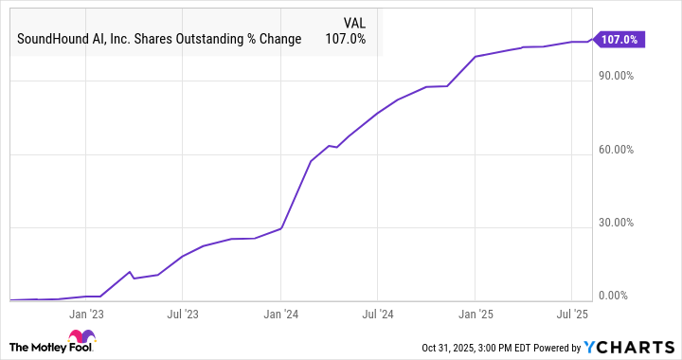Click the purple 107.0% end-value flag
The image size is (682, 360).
(x=621, y=40)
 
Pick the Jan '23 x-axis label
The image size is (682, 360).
(x=86, y=312)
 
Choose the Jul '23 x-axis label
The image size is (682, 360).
(x=182, y=312)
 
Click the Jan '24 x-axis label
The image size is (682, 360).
(x=280, y=312)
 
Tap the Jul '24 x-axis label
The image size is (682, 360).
(x=377, y=312)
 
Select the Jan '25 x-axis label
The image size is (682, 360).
(x=475, y=312)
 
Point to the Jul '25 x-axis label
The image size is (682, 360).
(x=571, y=312)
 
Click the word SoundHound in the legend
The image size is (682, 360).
(x=51, y=39)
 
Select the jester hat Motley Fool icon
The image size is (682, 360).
(x=81, y=340)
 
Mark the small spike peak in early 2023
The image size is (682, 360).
(x=131, y=272)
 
